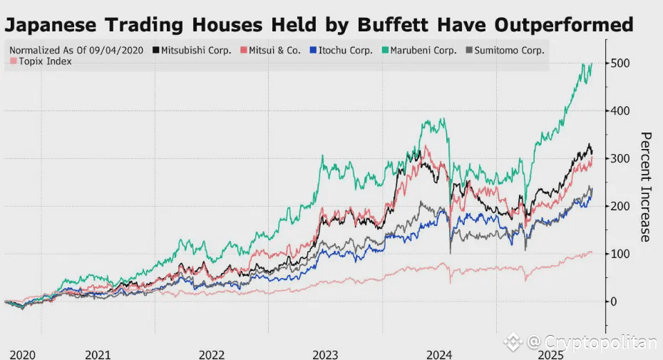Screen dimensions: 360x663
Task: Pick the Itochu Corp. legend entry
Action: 346,51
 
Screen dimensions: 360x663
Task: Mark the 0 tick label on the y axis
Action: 613,302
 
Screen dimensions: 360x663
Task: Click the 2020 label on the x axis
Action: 23,354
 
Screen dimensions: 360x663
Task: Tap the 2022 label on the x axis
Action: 212,354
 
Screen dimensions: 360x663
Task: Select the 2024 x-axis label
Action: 440,354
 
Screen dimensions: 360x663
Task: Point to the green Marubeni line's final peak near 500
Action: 592,63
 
